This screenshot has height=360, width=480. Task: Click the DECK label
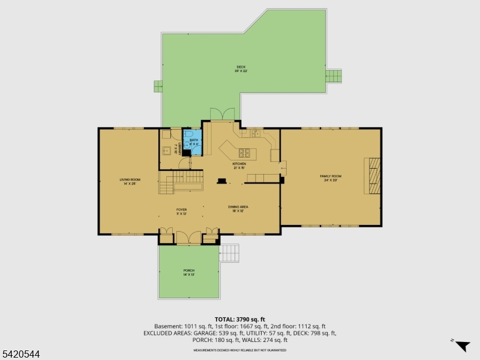[241, 69]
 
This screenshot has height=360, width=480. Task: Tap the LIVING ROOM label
[130, 181]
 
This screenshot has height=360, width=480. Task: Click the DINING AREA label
[238, 208]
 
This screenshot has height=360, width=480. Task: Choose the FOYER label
[181, 211]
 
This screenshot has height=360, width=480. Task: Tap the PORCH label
[189, 272]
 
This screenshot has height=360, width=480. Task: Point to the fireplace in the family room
[372, 175]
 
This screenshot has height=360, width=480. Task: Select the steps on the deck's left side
[158, 86]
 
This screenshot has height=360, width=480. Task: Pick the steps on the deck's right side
[333, 76]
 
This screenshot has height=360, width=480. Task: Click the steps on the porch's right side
[230, 252]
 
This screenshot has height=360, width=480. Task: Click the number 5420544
[20, 355]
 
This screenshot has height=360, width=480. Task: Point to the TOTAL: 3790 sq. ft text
[240, 319]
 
